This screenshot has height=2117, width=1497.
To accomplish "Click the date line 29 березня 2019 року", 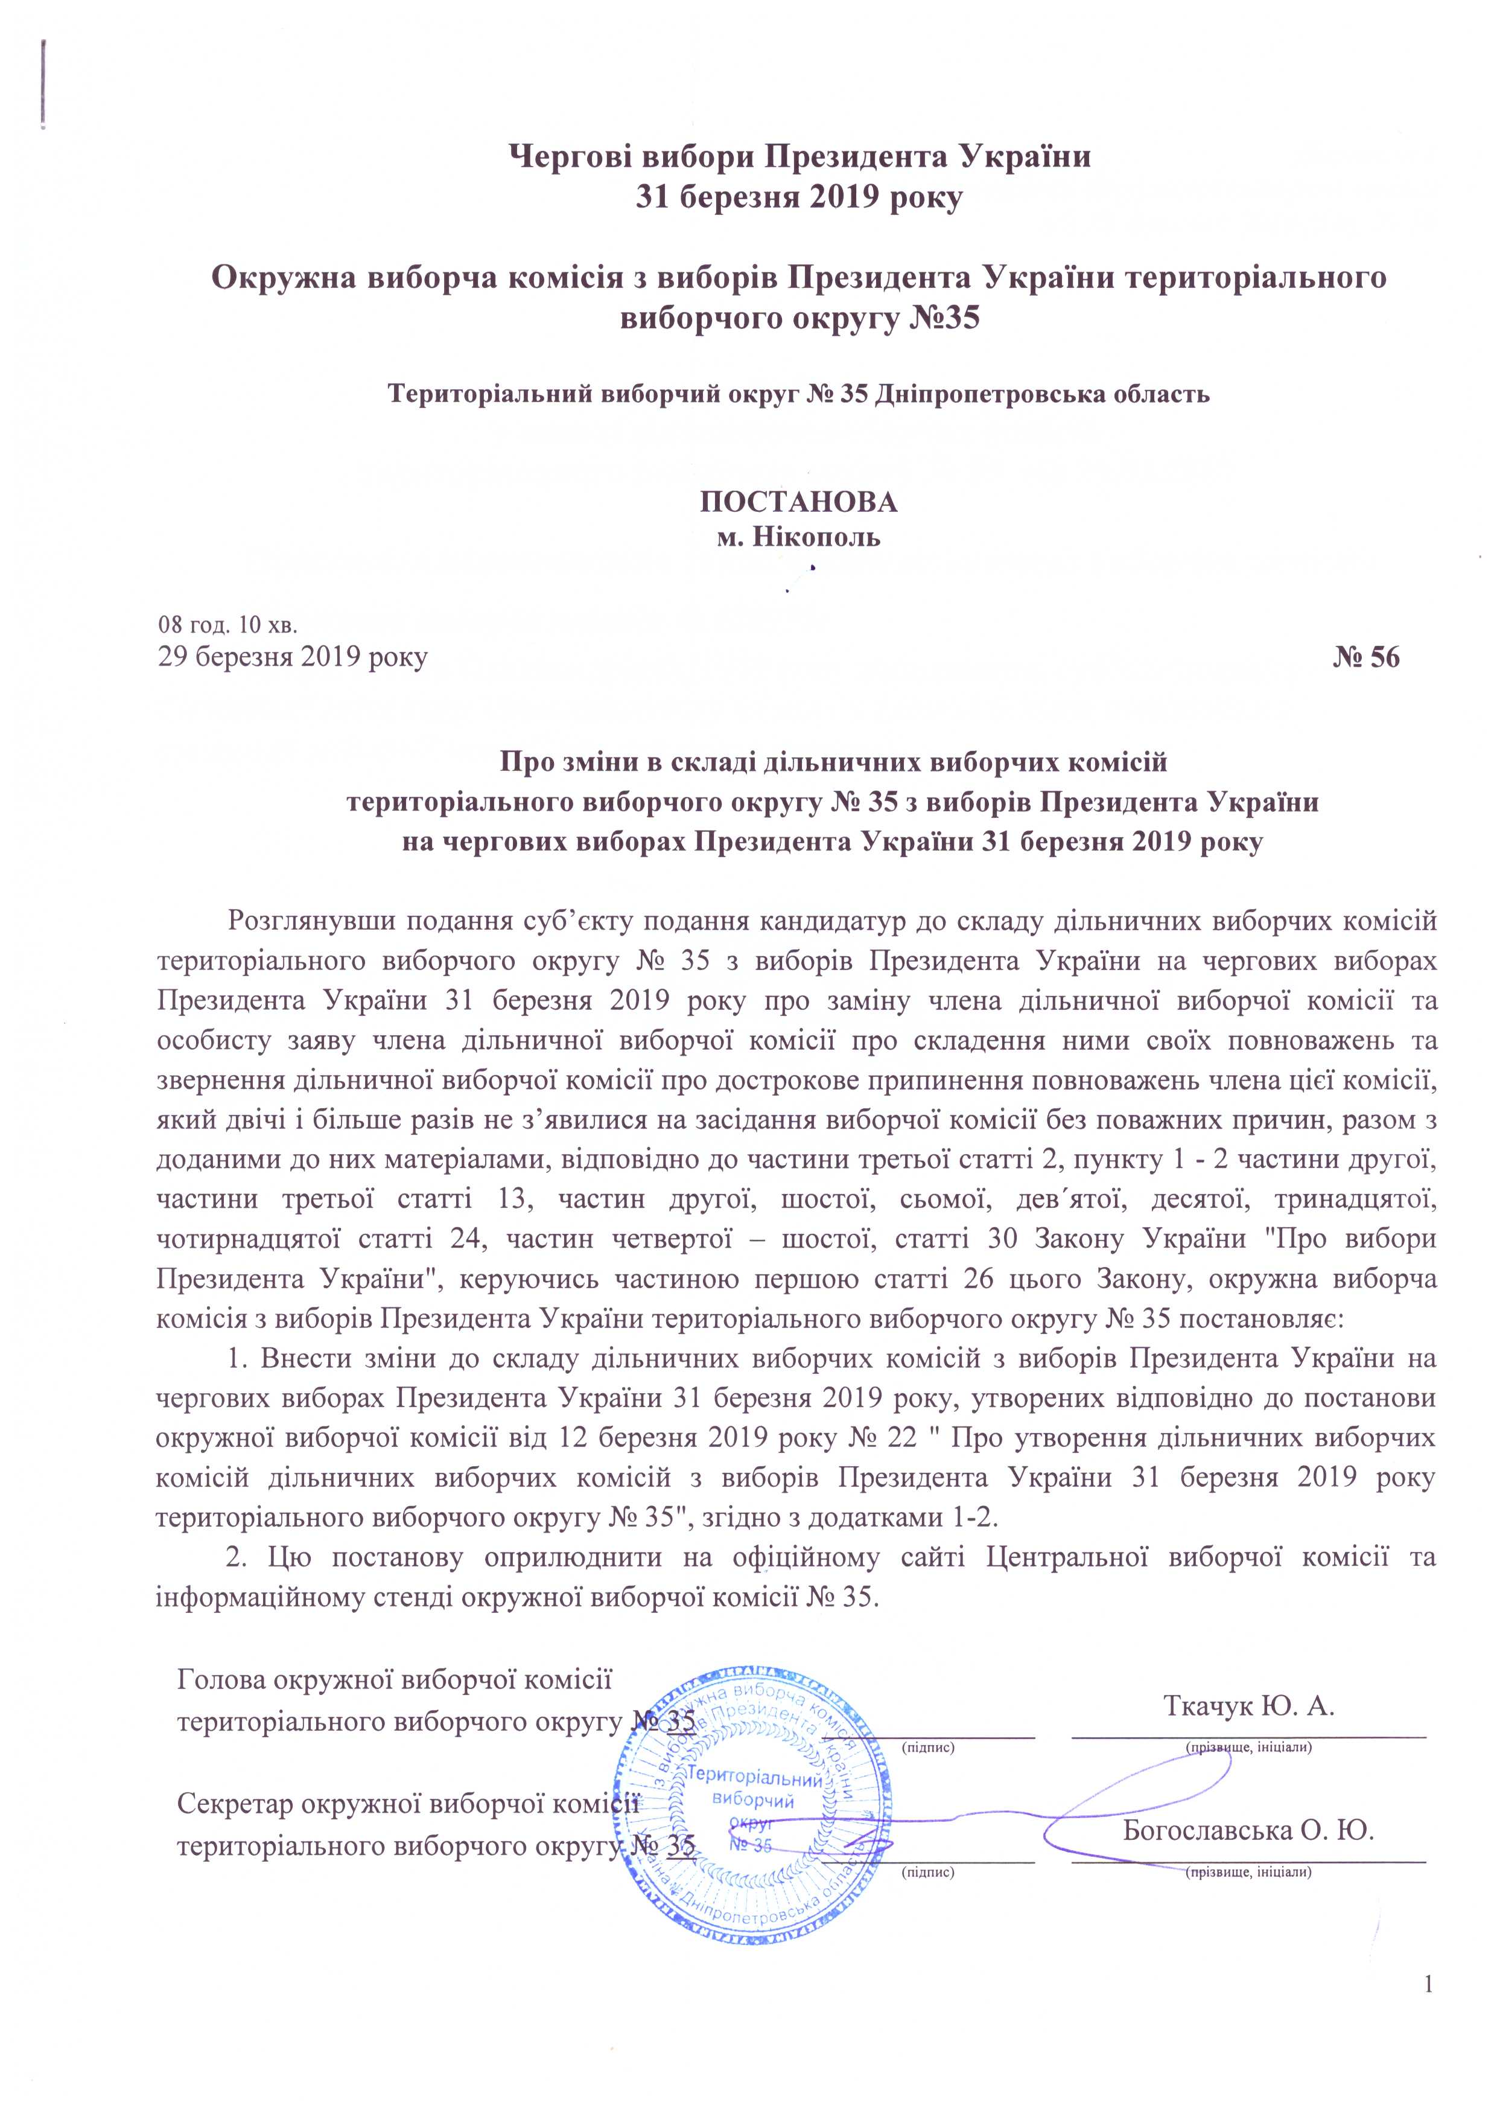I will pyautogui.click(x=292, y=659).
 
